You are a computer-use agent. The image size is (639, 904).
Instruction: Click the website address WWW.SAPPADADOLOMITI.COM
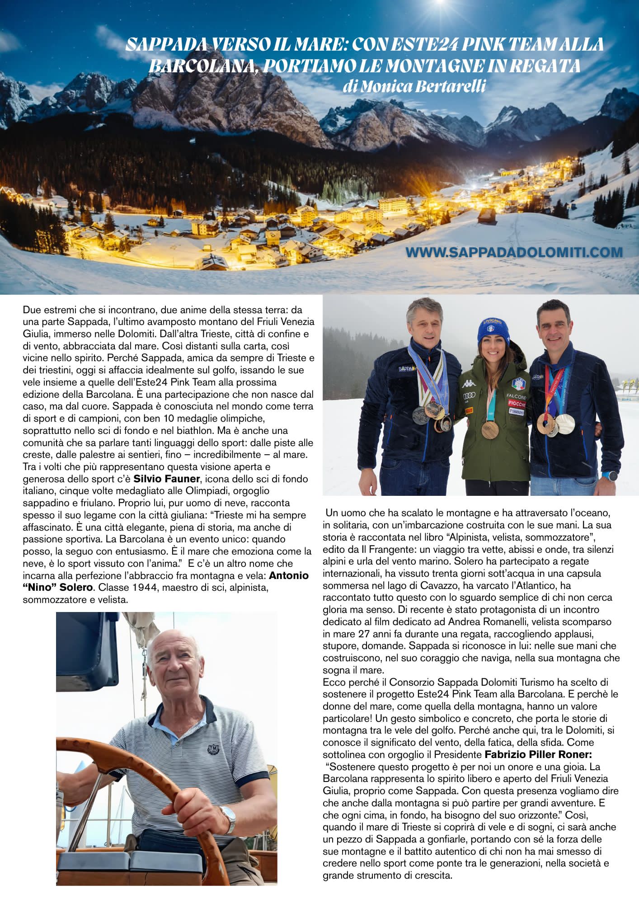coord(514,252)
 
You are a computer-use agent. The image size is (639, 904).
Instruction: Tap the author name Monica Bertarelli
coord(413,86)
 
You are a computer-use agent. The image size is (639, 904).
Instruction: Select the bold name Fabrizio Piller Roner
coord(538,754)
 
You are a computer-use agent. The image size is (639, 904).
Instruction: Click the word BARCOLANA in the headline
coord(203,66)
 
